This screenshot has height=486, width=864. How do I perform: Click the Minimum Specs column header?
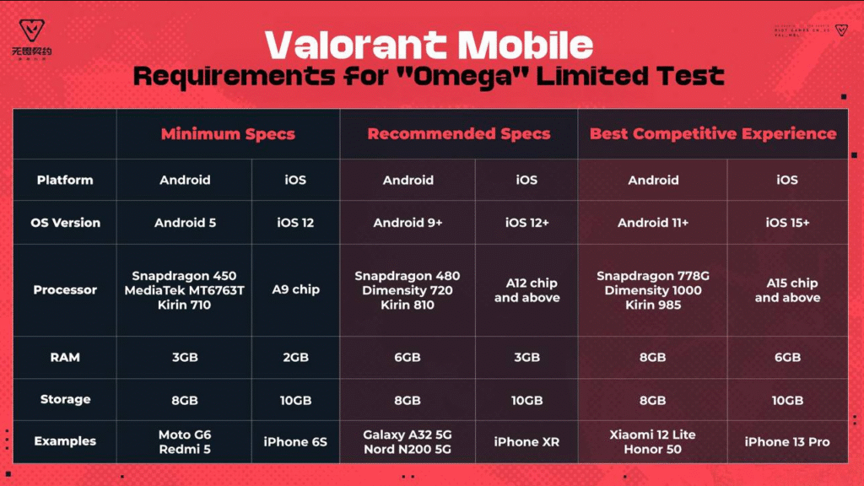pos(228,134)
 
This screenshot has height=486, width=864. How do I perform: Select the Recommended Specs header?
pos(459,134)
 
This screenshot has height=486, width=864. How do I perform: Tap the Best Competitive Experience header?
pos(713,134)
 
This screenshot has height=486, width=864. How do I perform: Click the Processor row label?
pos(65,290)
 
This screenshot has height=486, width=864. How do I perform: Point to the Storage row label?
pos(65,399)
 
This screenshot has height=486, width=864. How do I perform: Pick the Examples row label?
pos(65,441)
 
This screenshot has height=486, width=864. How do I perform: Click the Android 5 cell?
pos(185,223)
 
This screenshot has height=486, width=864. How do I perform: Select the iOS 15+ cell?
pos(787,223)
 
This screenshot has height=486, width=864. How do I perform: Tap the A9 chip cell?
pos(295,290)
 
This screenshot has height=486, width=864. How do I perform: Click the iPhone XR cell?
pos(526,441)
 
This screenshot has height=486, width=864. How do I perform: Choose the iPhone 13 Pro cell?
pos(787,441)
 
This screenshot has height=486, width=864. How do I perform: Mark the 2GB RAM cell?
pos(295,357)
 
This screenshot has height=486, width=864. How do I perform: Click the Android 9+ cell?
pos(408,223)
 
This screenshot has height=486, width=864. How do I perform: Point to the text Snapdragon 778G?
pos(653,276)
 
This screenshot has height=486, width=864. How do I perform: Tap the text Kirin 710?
pos(184,305)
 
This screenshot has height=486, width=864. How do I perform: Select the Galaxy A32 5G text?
pos(408,435)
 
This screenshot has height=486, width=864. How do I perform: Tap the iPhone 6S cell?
pos(295,441)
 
